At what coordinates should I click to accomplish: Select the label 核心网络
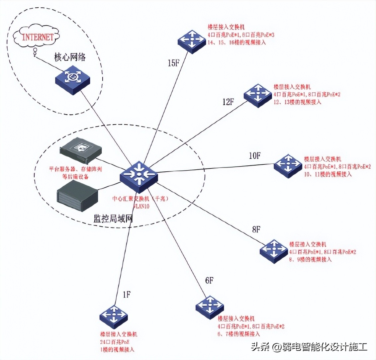pos(70,57)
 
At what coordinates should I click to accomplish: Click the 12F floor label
pos(228,102)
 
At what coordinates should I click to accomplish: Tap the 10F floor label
pos(254,155)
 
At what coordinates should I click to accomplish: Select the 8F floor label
pos(256,229)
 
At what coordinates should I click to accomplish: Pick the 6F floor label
pos(209,280)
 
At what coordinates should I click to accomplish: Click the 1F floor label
pos(127,294)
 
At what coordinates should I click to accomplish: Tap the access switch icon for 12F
pos(258,95)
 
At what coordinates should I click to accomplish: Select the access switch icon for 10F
pos(288,165)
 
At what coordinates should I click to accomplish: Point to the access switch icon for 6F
pos(210,307)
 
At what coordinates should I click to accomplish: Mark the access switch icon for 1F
pos(114,316)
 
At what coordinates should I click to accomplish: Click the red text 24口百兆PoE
pos(115,342)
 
